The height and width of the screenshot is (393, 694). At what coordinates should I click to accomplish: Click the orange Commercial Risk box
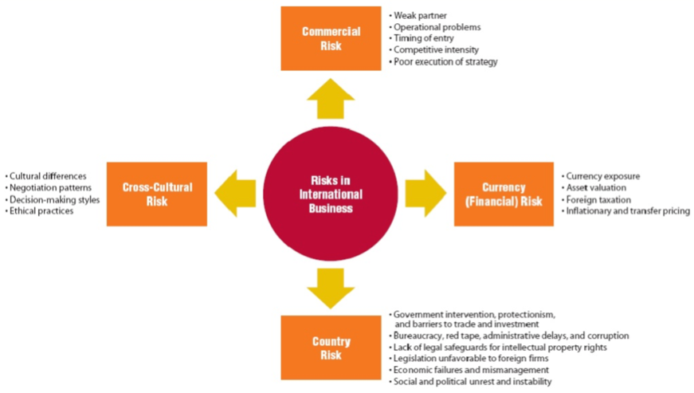click(331, 38)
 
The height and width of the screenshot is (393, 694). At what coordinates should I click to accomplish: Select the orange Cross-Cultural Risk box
click(157, 194)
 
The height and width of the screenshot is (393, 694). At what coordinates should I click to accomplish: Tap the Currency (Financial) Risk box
click(504, 194)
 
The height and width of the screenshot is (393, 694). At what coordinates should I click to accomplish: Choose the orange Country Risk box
click(331, 348)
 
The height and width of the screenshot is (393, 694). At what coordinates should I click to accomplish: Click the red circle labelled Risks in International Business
click(331, 194)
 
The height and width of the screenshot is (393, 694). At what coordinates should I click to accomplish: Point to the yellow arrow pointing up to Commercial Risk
click(331, 101)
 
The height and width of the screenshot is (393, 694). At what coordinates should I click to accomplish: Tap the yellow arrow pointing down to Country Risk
click(331, 287)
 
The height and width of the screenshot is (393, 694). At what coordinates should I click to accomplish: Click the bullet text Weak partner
click(421, 15)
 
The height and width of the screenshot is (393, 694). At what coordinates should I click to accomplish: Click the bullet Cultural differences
click(48, 176)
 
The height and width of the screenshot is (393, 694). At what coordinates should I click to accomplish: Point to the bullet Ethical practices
click(41, 211)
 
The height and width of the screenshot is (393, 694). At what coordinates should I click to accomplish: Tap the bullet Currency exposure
click(603, 176)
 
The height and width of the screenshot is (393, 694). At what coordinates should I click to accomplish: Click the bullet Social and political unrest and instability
click(472, 382)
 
